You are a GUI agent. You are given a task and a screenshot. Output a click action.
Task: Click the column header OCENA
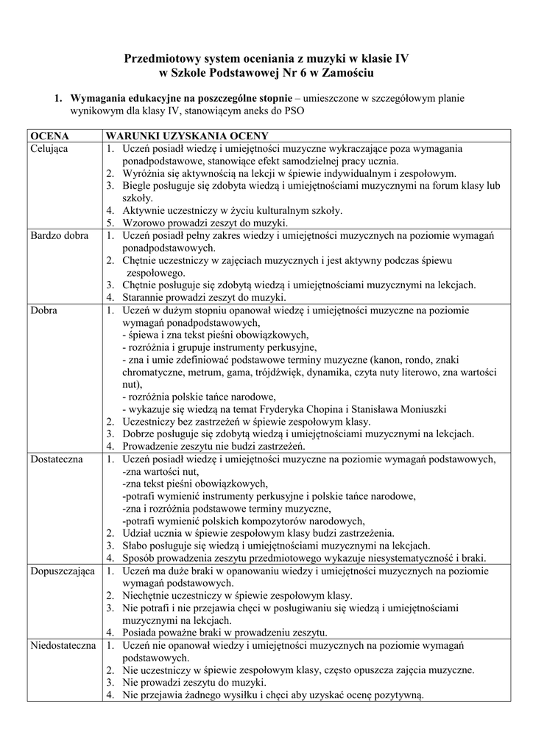pos(49,136)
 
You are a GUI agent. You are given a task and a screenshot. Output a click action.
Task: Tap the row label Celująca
pos(50,149)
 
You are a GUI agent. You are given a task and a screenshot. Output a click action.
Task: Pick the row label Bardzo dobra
pos(59,235)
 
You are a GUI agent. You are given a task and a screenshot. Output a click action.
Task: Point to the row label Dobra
pos(44,310)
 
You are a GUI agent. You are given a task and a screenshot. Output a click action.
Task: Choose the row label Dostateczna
pos(57,459)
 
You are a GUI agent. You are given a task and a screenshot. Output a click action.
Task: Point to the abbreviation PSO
pos(292,111)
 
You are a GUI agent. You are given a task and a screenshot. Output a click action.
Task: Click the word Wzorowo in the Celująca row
pos(141,223)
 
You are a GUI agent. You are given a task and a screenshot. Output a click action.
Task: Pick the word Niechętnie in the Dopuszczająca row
pos(147,595)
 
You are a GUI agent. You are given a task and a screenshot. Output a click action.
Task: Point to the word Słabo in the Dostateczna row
pos(135,545)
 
